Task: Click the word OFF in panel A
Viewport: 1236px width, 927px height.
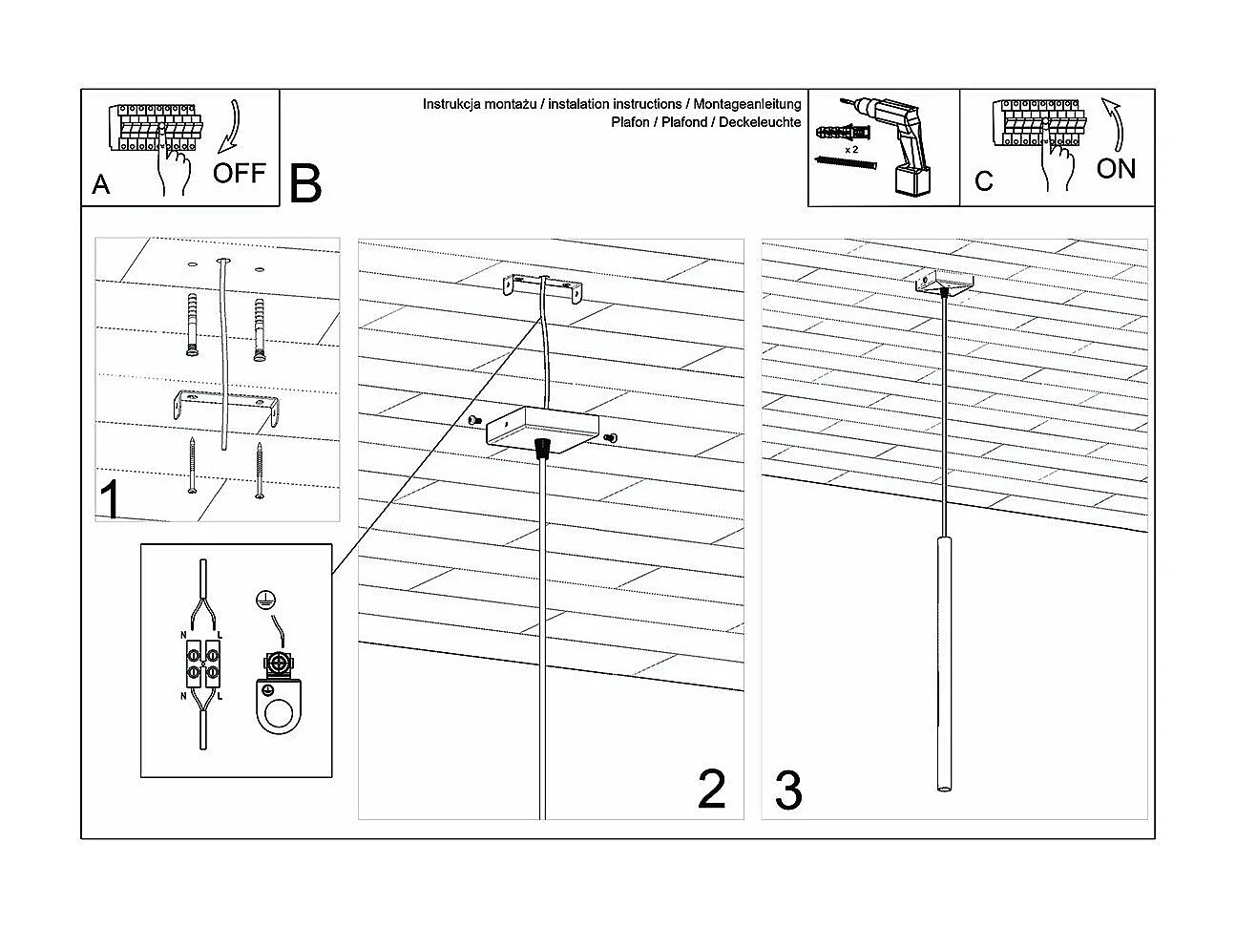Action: (239, 174)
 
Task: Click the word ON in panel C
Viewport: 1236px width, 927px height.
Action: (1116, 170)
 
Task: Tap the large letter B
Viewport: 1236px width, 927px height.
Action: (305, 184)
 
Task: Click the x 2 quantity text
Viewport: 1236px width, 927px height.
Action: (851, 150)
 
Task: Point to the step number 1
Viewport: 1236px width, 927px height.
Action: (111, 500)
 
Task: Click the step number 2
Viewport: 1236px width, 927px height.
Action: (712, 790)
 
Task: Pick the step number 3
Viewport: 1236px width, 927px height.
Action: (788, 791)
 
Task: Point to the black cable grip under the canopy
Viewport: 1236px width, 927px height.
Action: (544, 447)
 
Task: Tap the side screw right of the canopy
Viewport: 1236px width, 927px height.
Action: (611, 437)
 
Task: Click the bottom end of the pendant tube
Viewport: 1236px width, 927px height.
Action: (944, 789)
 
